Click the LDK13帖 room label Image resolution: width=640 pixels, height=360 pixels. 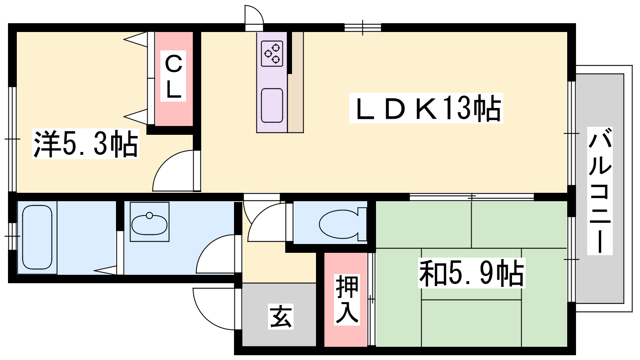[426, 108]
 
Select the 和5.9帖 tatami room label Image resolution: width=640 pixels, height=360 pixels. [472, 273]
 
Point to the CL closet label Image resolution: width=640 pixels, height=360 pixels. [173, 76]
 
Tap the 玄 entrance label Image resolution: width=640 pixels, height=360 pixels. [280, 317]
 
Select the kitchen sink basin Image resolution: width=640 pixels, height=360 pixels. [272, 106]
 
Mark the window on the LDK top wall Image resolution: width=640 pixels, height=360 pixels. [362, 28]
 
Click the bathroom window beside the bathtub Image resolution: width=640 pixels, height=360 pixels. [12, 236]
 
